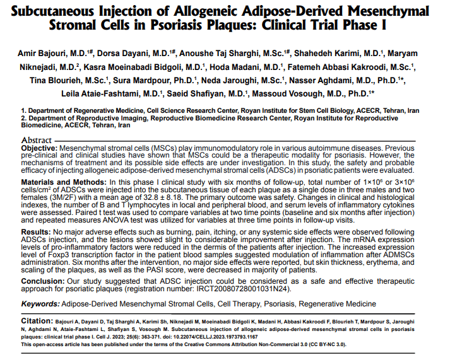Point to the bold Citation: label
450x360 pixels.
click(39, 320)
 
